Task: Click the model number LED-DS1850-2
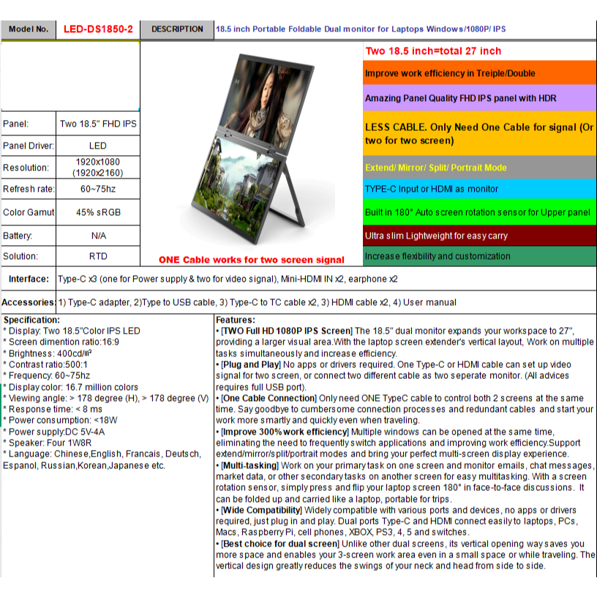[97, 29]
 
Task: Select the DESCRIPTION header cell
[177, 29]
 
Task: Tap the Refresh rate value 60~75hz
[97, 189]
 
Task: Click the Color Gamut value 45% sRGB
[97, 212]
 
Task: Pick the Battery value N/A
[97, 236]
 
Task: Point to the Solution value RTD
[97, 257]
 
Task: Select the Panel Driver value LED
[97, 146]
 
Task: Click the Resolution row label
[26, 168]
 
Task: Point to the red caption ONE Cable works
[251, 260]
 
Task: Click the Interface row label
[29, 279]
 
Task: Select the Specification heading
[31, 320]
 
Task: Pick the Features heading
[236, 320]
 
